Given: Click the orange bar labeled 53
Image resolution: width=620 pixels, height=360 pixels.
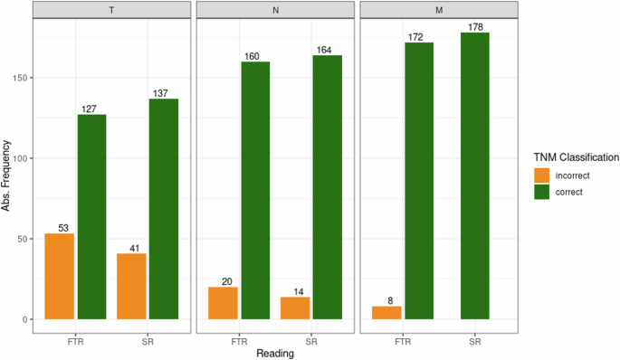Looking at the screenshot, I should coord(59,277).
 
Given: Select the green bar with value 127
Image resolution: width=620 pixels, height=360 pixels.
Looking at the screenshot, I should coord(91,217).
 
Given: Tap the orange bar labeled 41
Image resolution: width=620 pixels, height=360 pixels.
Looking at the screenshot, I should coord(131,287).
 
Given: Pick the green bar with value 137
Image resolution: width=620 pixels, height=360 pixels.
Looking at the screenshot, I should coord(164,209).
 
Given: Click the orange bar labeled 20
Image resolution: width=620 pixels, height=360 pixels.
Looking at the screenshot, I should coord(223,303).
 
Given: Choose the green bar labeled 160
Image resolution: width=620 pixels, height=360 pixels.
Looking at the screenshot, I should coord(256,190).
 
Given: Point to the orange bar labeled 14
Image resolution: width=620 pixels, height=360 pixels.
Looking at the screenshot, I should coord(295,308).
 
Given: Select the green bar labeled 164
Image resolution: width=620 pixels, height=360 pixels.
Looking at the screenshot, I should coord(329,187).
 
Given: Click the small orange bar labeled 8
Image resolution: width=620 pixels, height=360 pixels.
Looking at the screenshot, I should coord(386,313).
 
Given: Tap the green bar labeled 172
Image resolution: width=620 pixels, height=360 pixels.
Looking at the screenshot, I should coord(419,181).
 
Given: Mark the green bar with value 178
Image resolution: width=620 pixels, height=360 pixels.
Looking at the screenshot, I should coord(475,176).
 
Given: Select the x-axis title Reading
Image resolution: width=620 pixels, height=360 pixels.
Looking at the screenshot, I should coord(275,352).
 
